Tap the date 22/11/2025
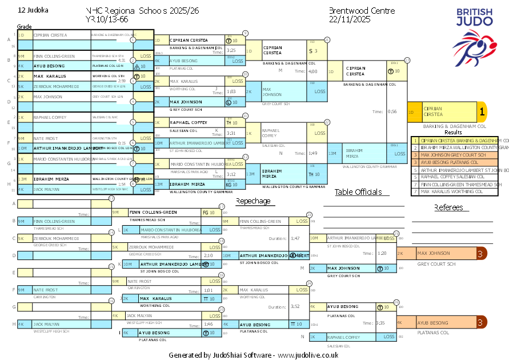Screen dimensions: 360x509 click(x=350, y=19)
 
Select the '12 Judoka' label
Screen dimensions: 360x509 click(x=33, y=10)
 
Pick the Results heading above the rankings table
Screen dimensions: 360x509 click(x=453, y=132)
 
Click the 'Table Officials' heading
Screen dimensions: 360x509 click(x=358, y=192)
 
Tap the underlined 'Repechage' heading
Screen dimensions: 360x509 click(x=253, y=201)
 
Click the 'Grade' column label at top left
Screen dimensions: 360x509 click(x=24, y=27)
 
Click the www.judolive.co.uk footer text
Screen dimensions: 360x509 click(x=308, y=355)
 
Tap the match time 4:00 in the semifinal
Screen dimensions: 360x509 click(x=313, y=72)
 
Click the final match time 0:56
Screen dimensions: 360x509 click(x=392, y=112)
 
